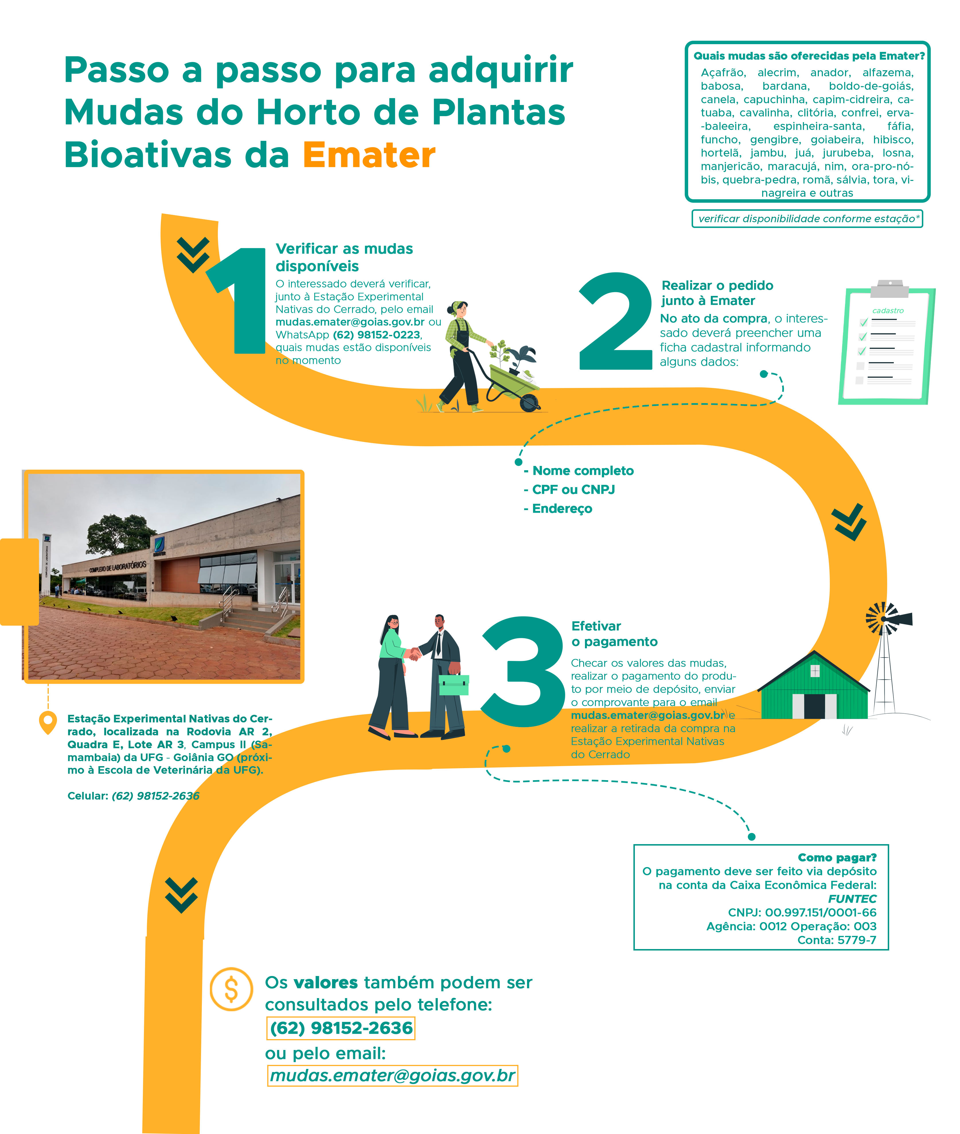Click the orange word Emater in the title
click(369, 155)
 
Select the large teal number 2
click(616, 321)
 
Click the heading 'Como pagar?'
click(836, 858)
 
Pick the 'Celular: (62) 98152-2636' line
click(133, 796)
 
